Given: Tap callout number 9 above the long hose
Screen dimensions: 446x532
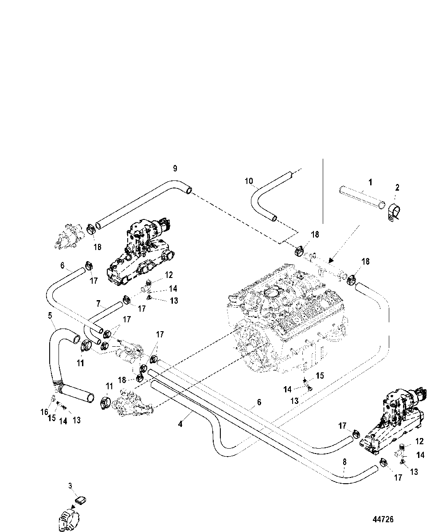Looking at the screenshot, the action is pos(175,168).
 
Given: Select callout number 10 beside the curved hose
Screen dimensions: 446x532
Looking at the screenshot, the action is pos(249,181).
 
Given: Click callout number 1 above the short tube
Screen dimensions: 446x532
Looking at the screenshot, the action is pos(370,182).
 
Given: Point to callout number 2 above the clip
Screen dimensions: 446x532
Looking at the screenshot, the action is pos(397,188).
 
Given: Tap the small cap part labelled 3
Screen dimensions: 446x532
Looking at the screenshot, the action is pos(81,500).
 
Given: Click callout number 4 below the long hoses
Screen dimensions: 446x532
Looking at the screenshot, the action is pos(180,424).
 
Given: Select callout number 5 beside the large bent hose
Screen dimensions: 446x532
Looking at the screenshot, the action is pos(50,316).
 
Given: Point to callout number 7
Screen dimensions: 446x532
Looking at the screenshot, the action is pos(98,304).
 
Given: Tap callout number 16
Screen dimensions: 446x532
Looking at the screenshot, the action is pos(44,412).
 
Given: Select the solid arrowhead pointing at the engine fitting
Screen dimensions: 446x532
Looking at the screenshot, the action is pos(331,260).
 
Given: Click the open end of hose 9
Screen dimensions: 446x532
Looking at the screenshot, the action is pos(188,190).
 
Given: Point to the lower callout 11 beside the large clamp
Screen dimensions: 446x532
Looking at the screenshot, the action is pos(109,387).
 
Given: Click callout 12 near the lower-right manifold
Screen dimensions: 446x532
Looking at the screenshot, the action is pos(419,441).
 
